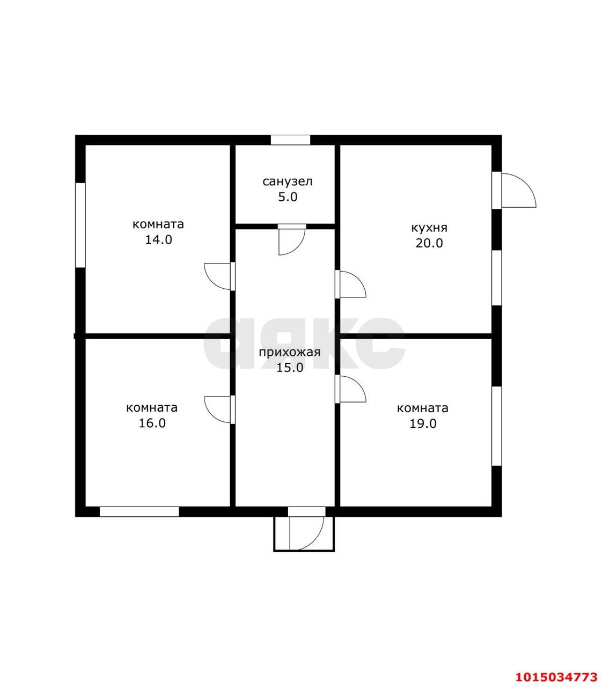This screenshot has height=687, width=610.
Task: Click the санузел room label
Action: pyautogui.click(x=287, y=182)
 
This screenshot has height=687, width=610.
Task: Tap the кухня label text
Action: pyautogui.click(x=429, y=228)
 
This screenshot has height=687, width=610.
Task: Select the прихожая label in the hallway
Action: pyautogui.click(x=290, y=353)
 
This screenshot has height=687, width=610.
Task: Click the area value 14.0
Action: pyautogui.click(x=159, y=240)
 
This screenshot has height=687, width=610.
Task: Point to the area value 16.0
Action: pyautogui.click(x=152, y=423)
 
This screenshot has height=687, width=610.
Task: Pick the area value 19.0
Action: pyautogui.click(x=423, y=423)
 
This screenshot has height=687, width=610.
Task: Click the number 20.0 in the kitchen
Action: pyautogui.click(x=429, y=243)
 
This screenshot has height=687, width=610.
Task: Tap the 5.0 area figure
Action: pyautogui.click(x=288, y=197)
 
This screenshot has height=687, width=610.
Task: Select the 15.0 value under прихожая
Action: pyautogui.click(x=290, y=368)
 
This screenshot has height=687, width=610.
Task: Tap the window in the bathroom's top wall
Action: pyautogui.click(x=290, y=140)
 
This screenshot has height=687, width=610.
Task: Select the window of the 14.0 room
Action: pyautogui.click(x=80, y=225)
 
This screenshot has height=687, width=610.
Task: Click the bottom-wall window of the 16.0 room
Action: pyautogui.click(x=139, y=511)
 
